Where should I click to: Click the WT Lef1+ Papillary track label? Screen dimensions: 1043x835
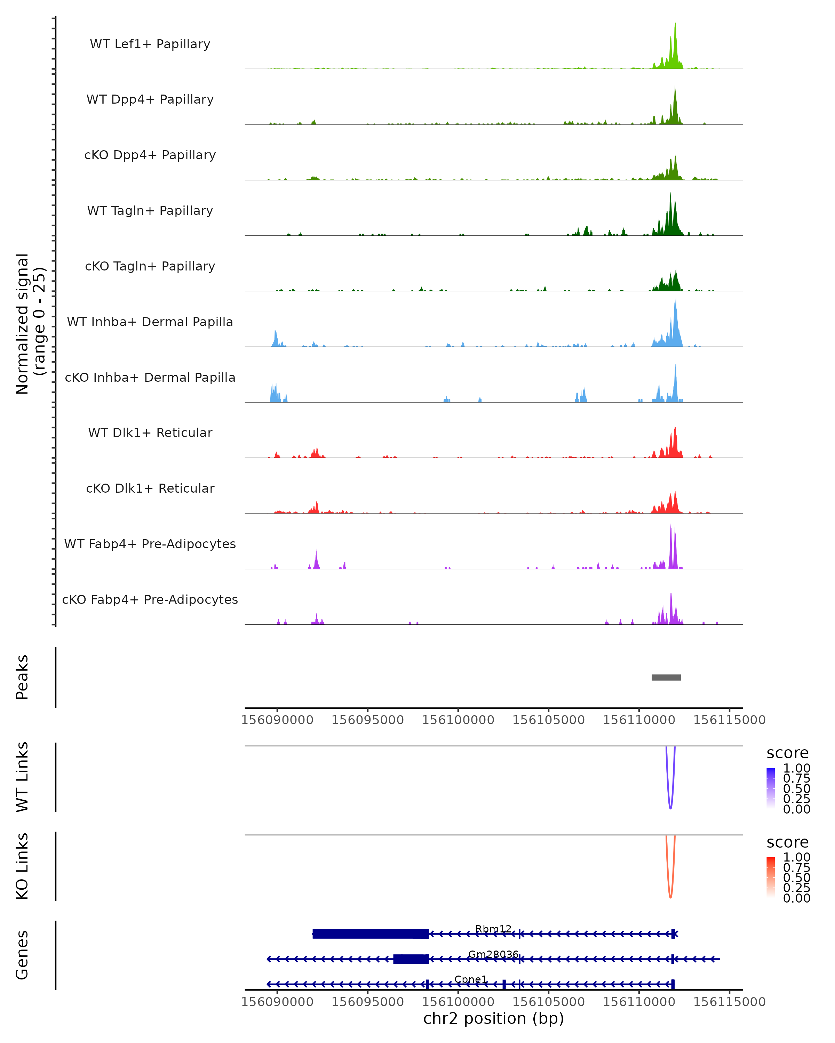pos(150,44)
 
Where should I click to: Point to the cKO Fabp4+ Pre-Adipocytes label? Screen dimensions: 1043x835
pos(150,599)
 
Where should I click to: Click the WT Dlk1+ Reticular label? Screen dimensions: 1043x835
pos(150,432)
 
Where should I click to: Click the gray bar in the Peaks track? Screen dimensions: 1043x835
pos(666,677)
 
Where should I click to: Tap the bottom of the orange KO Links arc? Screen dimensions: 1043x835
pos(670,897)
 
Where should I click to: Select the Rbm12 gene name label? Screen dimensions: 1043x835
pos(493,929)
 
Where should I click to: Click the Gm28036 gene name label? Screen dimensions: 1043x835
pos(493,954)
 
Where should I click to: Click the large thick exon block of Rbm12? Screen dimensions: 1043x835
pos(370,934)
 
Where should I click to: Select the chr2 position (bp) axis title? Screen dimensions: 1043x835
pos(493,1019)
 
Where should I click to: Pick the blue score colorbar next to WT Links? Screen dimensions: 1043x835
pos(771,787)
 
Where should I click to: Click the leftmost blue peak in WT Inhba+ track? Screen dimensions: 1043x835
pos(276,339)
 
